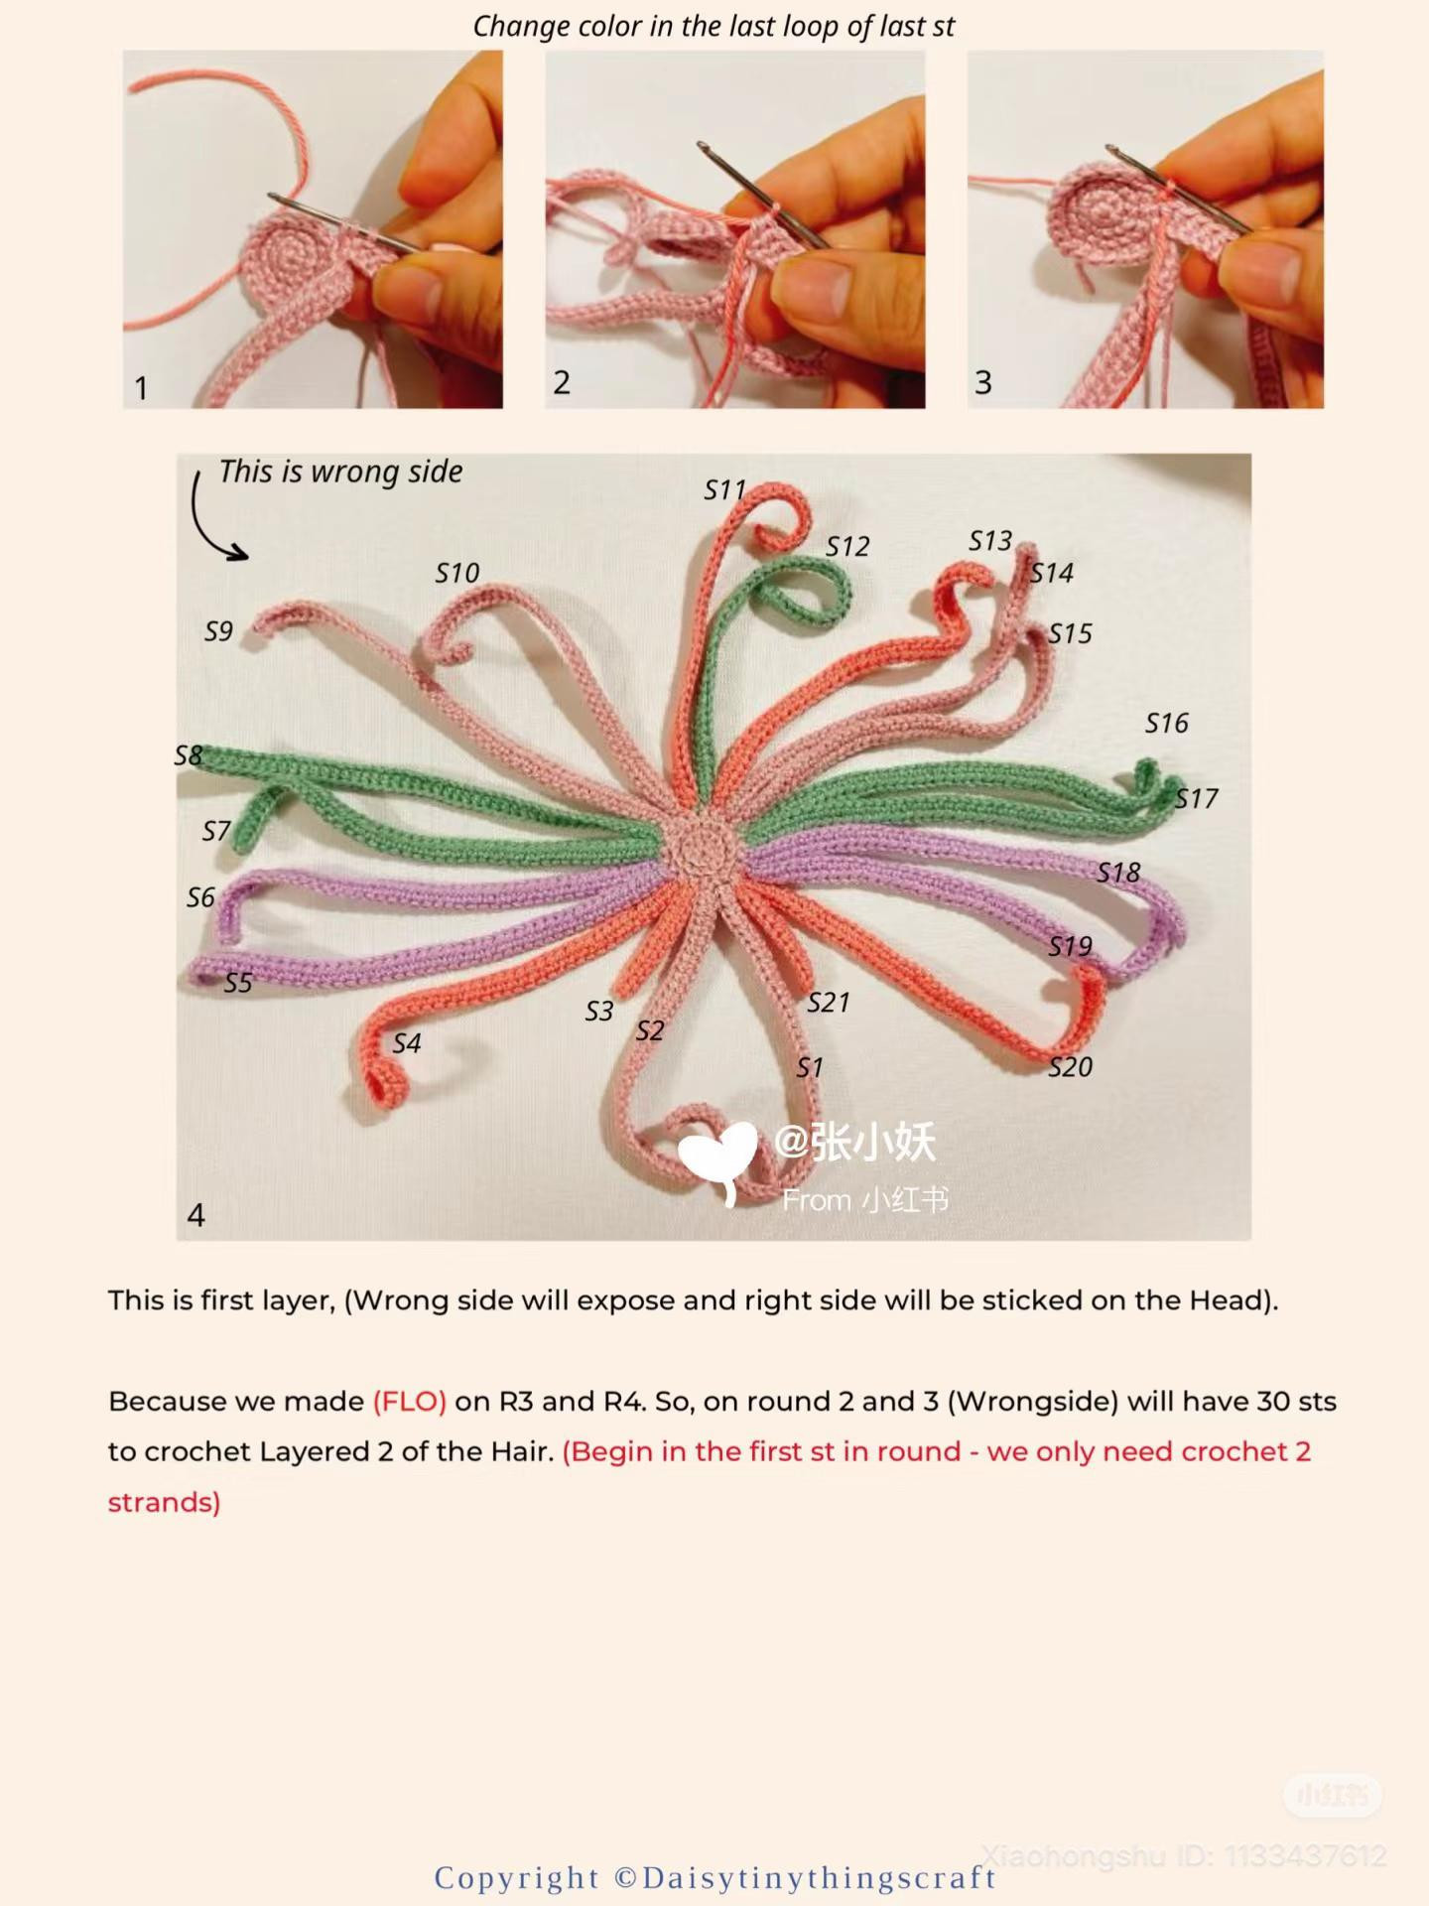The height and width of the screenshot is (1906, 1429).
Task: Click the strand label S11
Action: click(x=724, y=490)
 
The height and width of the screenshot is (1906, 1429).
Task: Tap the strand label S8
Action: click(x=189, y=755)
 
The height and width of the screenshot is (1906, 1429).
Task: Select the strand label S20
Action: click(x=1070, y=1067)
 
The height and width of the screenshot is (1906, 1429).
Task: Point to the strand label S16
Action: click(x=1166, y=724)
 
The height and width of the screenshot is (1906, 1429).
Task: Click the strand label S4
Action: click(x=407, y=1043)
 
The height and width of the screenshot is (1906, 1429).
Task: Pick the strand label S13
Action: click(x=990, y=541)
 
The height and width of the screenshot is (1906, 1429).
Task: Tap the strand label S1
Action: click(x=810, y=1068)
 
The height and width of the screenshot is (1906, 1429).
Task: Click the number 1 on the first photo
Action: click(x=141, y=387)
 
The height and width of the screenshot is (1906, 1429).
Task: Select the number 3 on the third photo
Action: click(x=982, y=382)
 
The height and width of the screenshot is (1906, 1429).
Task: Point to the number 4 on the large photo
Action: click(x=195, y=1215)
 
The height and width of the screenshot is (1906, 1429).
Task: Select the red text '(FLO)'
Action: click(x=409, y=1402)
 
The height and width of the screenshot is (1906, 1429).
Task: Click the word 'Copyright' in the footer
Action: click(x=517, y=1878)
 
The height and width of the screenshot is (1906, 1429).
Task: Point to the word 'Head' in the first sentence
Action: click(x=1226, y=1300)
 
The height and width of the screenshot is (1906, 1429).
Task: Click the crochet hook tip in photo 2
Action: click(x=706, y=148)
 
